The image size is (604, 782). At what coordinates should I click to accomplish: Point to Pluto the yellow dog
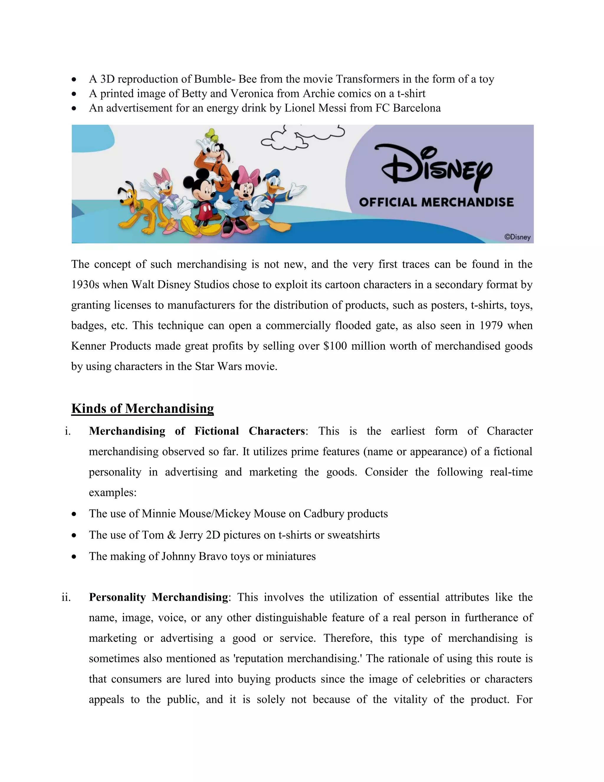(x=138, y=208)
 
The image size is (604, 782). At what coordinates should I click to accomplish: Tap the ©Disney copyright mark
(x=517, y=237)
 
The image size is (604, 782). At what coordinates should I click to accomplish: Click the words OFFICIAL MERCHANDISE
(x=436, y=202)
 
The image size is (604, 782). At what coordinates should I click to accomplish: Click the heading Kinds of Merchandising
(x=142, y=408)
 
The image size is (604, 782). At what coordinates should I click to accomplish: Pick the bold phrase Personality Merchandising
(x=158, y=597)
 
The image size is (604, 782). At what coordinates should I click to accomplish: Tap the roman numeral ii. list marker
(x=66, y=597)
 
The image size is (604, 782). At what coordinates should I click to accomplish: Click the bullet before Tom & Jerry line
(x=74, y=535)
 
